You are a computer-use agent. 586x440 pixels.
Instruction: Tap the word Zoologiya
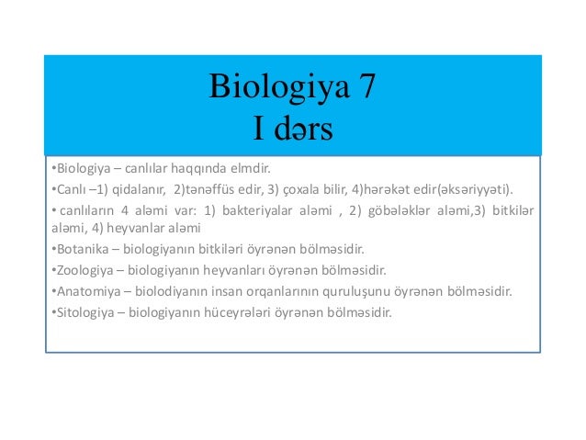80,270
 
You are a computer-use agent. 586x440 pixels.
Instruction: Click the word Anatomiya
82,291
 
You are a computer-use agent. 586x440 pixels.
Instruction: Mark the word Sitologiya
80,312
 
